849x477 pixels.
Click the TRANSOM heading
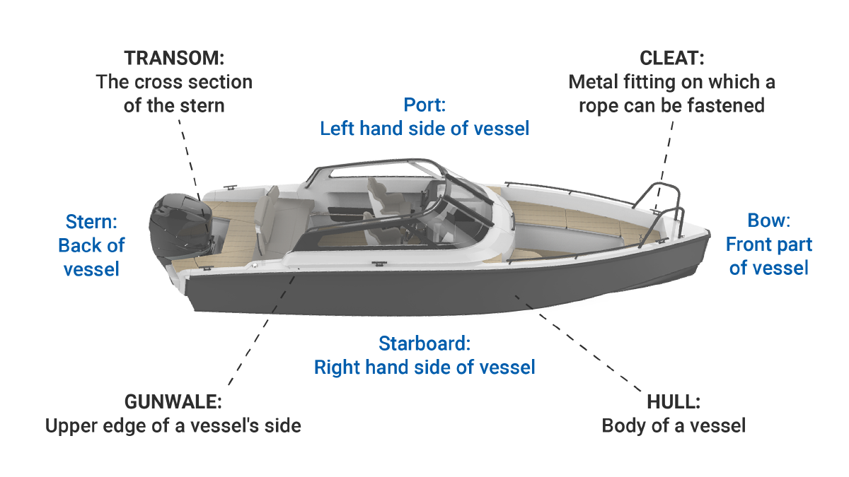[x=174, y=58]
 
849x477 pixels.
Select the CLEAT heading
[x=671, y=58]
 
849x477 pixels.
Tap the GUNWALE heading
[x=173, y=402]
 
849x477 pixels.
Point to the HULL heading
[x=674, y=402]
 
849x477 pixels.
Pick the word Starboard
[x=424, y=344]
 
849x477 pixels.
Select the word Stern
[x=91, y=222]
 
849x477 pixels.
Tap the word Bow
[x=768, y=220]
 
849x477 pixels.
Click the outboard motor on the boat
[x=177, y=226]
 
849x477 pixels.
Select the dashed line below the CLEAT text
[x=665, y=159]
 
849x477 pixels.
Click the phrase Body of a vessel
[x=674, y=426]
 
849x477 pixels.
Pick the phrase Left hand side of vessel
[x=424, y=129]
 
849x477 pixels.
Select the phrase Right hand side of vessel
[x=424, y=367]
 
